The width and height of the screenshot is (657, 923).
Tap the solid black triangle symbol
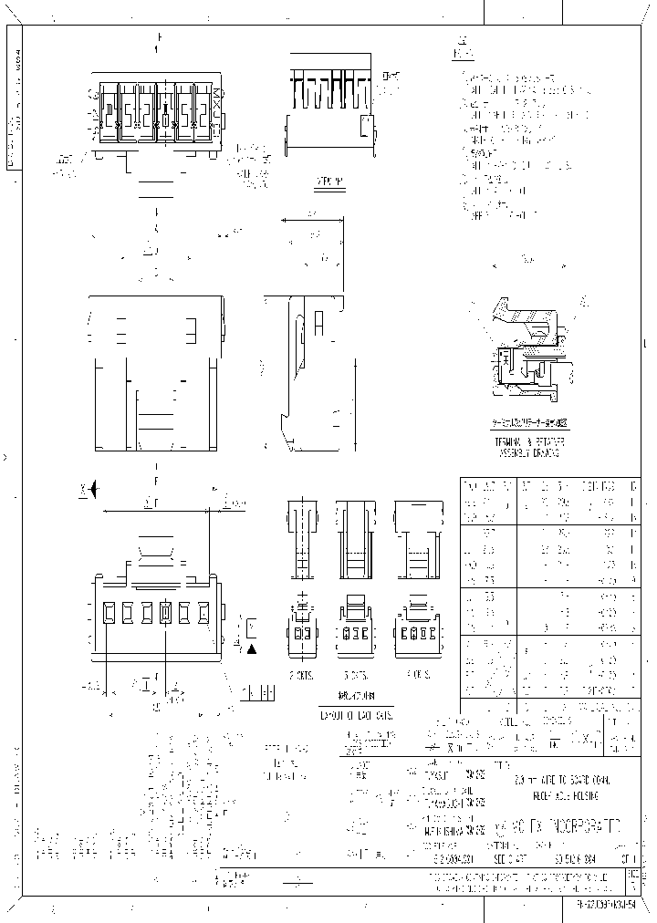[251, 648]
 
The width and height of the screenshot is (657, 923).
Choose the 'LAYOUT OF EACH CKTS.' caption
[356, 715]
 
